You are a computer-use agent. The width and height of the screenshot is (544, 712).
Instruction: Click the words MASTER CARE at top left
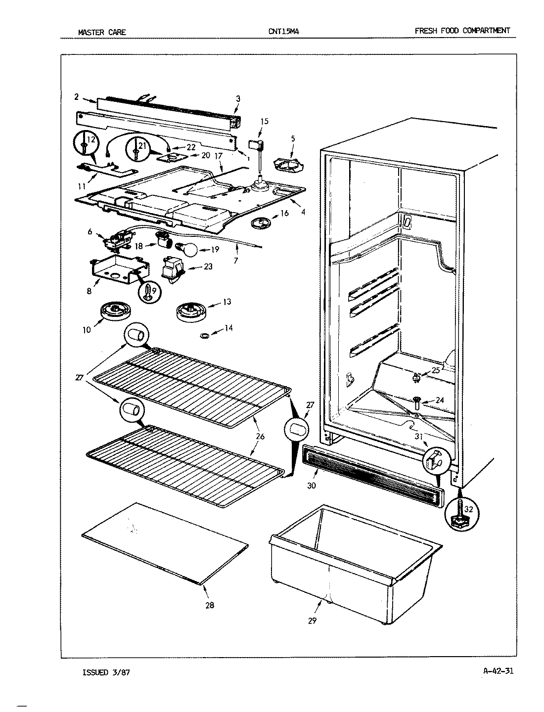point(102,33)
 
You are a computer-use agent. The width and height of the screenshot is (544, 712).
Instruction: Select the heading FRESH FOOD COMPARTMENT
point(462,31)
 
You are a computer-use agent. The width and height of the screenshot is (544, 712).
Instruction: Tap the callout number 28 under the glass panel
point(210,605)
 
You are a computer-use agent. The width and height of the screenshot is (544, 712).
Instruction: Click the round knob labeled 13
point(190,312)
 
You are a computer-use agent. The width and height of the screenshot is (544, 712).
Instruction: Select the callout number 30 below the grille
point(311,486)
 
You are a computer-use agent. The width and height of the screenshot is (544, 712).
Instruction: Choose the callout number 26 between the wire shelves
point(260,436)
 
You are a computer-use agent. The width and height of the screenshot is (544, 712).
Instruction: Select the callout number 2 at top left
point(76,97)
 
